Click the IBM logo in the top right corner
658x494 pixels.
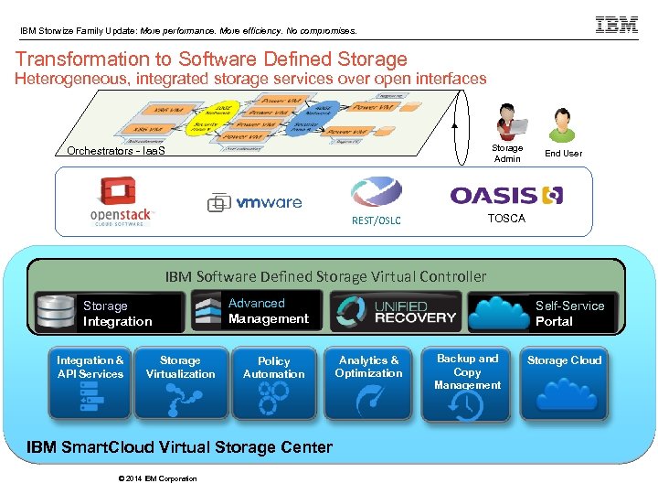coord(617,26)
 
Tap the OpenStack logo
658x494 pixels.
coord(123,201)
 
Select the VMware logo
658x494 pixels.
coord(255,202)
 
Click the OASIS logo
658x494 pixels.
coord(506,195)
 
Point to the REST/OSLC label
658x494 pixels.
coord(376,220)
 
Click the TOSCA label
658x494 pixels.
coord(506,219)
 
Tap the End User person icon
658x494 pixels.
coord(562,124)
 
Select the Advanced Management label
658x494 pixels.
coord(268,311)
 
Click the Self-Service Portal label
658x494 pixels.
coord(569,313)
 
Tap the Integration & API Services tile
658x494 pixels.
coord(90,383)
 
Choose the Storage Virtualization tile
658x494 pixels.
coord(181,383)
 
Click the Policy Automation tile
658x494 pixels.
coord(273,383)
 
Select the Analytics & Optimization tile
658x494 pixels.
coord(368,383)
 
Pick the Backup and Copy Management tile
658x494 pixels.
coord(467,383)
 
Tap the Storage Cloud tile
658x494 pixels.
coord(564,383)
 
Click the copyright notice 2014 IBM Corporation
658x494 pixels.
coord(157,478)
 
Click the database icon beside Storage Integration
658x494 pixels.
coord(56,312)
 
